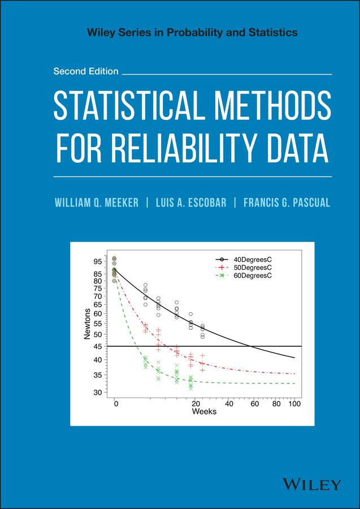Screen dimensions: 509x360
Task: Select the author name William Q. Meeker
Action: click(97, 202)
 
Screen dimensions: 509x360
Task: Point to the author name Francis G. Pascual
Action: click(287, 202)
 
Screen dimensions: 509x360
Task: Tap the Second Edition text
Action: click(86, 71)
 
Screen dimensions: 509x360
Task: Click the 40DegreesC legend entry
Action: click(253, 259)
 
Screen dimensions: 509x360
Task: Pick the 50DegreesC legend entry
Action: click(253, 267)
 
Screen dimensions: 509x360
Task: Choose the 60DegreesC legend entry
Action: click(253, 275)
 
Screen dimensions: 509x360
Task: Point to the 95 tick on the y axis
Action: click(98, 262)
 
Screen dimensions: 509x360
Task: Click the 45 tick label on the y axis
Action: click(98, 346)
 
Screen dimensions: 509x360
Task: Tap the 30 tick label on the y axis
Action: click(98, 392)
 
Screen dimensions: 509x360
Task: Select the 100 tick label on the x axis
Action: click(294, 404)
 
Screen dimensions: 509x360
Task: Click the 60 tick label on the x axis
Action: click(255, 404)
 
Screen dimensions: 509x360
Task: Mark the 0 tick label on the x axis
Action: click(115, 404)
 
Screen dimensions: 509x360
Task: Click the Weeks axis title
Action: click(204, 412)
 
